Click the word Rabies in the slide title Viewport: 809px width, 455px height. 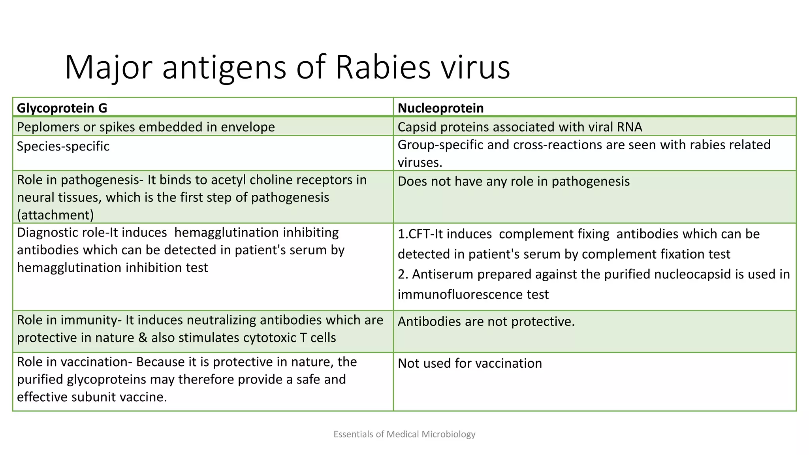click(382, 67)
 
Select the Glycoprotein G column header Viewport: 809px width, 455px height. click(62, 108)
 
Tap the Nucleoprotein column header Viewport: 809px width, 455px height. click(440, 108)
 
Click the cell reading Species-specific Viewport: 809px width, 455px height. click(63, 146)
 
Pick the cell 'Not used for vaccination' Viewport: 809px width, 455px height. click(470, 363)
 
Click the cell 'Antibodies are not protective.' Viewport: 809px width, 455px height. click(486, 321)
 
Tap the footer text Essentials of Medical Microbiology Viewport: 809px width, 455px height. click(404, 434)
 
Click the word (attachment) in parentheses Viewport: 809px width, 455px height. click(55, 215)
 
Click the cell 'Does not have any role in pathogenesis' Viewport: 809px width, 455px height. click(514, 181)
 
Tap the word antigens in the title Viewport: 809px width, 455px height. click(224, 67)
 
